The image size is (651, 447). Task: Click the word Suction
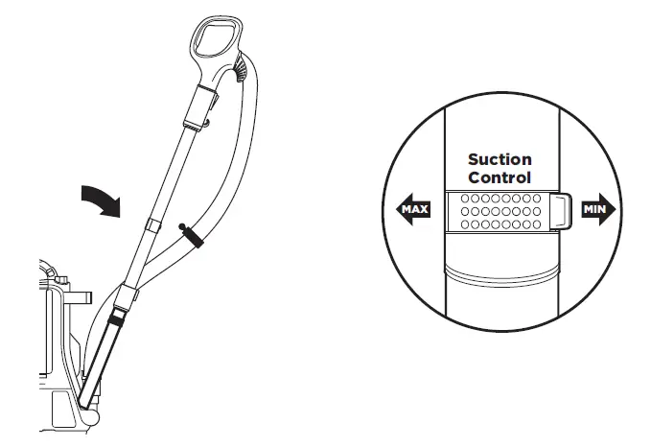coord(499,159)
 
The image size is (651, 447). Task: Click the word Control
coord(499,177)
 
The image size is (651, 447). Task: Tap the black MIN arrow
coord(596,210)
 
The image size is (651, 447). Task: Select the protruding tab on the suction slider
coord(563,211)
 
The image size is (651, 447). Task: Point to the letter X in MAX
coord(424,209)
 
